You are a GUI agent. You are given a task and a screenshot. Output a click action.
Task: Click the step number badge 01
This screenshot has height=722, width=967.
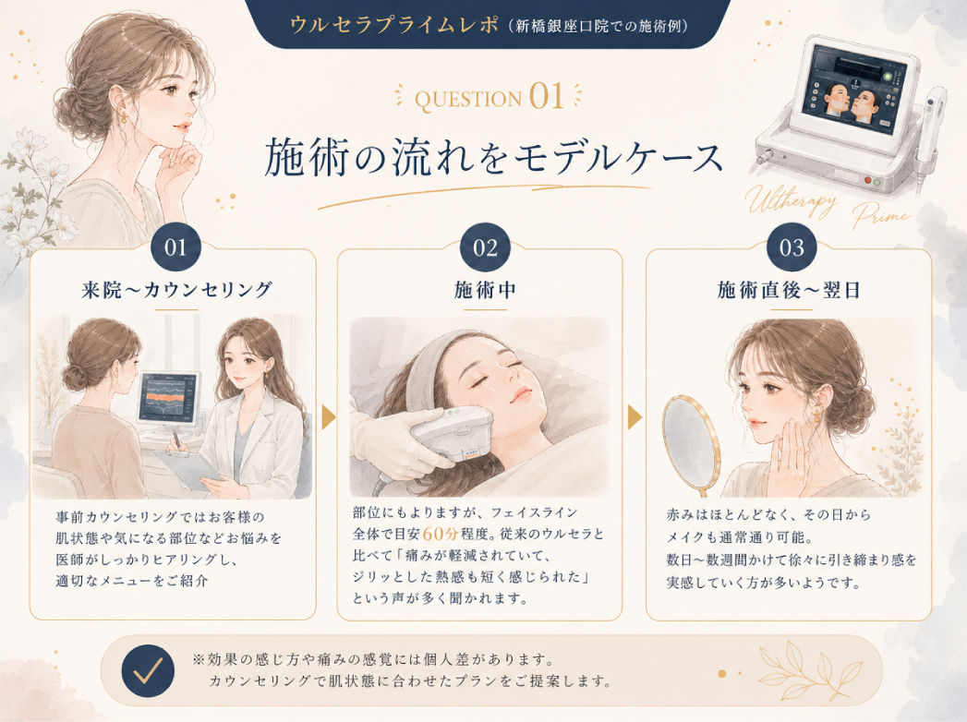(175, 247)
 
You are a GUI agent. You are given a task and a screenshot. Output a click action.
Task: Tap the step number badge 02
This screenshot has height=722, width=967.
(485, 247)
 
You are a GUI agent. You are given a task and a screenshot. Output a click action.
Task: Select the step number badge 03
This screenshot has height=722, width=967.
(792, 247)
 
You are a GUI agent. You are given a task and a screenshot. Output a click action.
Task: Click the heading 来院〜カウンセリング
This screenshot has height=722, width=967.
(176, 289)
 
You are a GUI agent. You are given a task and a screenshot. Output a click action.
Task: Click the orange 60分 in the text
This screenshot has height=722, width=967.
(440, 534)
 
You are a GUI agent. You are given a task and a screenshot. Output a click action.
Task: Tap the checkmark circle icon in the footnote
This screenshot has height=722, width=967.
(148, 671)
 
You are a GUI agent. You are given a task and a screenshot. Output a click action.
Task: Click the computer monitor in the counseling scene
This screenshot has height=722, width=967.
(168, 400)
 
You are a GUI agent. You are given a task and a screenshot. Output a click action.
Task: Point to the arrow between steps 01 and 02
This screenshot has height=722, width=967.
(328, 417)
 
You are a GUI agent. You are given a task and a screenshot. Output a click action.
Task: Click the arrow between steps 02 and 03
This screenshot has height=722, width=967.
(635, 417)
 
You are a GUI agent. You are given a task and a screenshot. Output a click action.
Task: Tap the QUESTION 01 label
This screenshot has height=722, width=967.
(490, 97)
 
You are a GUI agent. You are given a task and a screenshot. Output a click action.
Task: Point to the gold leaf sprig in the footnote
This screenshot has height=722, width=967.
(810, 671)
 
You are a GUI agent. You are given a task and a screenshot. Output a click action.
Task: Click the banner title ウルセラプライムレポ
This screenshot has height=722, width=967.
(393, 25)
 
